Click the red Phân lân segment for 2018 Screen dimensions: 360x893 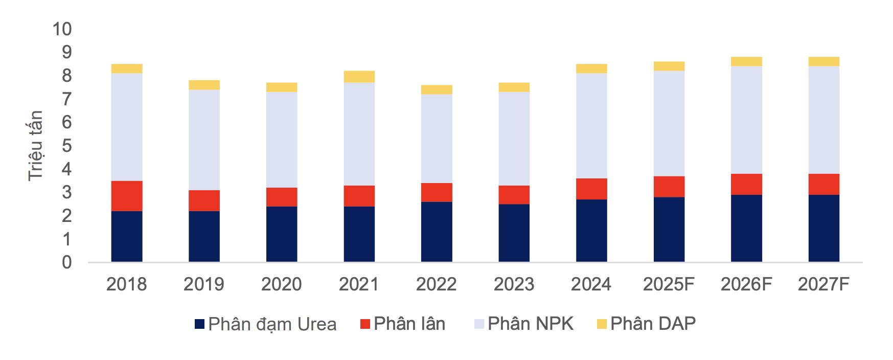(x=126, y=196)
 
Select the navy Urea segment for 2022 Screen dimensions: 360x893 (x=437, y=232)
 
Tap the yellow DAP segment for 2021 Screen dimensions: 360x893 (x=359, y=77)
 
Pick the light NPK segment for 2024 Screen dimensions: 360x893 (x=591, y=126)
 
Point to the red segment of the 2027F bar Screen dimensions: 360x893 (x=823, y=184)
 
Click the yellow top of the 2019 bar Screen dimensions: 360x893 (x=204, y=85)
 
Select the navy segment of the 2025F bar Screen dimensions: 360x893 (x=669, y=229)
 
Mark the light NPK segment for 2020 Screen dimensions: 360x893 (x=282, y=140)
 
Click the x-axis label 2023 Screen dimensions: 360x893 (x=514, y=284)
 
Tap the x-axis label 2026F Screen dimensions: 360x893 (x=746, y=284)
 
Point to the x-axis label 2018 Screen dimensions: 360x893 (x=126, y=284)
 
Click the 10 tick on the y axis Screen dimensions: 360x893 (x=62, y=29)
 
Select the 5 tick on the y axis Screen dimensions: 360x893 (x=66, y=146)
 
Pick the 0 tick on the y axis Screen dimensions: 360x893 (x=66, y=262)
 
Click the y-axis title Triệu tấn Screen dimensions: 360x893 (x=35, y=146)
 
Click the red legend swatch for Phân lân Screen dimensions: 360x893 (x=365, y=324)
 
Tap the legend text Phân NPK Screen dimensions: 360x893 (x=530, y=324)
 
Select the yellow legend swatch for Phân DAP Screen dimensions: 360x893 (x=602, y=324)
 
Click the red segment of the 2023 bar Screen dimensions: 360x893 (x=514, y=195)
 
